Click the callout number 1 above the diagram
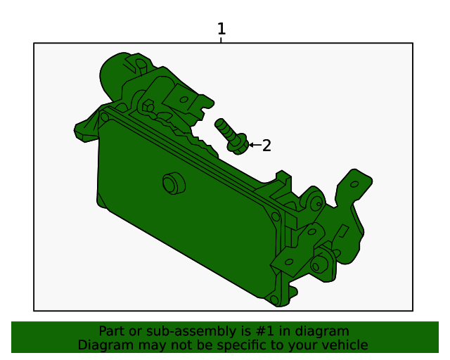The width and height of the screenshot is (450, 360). [221, 29]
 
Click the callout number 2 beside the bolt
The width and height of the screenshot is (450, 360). [266, 146]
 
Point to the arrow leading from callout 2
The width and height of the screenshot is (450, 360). [255, 145]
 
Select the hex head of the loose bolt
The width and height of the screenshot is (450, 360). [238, 146]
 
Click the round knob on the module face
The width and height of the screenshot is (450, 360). [171, 184]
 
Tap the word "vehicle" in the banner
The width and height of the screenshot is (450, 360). [344, 345]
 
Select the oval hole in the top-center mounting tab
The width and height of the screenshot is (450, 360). [184, 99]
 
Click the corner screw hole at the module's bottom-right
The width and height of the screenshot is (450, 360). [274, 299]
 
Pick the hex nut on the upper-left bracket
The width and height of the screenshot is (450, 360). [149, 106]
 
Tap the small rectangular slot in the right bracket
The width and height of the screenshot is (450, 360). [344, 231]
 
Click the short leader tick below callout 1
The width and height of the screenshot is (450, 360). [221, 40]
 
